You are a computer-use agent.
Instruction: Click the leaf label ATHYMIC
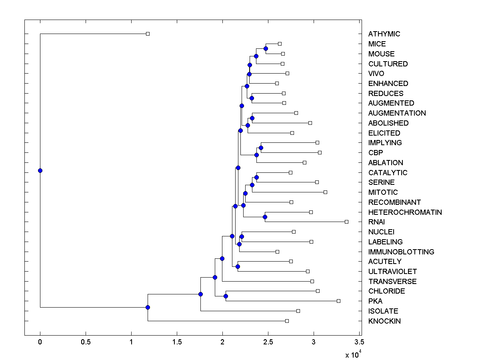point(384,34)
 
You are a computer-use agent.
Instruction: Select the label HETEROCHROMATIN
point(405,212)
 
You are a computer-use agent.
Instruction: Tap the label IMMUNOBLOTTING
point(401,252)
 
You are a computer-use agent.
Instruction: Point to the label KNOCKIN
point(384,321)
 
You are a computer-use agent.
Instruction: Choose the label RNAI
point(376,222)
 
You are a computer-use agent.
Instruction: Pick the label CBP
point(376,153)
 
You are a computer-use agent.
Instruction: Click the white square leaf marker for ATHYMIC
point(148,34)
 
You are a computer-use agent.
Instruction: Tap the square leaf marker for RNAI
point(346,222)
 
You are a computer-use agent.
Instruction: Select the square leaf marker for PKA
point(338,301)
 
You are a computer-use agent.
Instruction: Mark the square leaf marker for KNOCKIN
point(287,321)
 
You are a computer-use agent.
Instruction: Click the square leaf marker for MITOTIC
point(325,192)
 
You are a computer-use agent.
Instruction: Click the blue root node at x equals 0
point(40,170)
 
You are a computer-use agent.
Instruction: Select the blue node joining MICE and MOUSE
point(266,48)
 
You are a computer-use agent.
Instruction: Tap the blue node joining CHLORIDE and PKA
point(226,296)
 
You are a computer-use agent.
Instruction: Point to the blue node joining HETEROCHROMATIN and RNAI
point(265,217)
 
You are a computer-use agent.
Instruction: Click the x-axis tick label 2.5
point(268,342)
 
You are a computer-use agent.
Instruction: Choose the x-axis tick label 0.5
point(86,342)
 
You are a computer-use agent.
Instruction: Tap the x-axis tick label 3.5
point(359,342)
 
